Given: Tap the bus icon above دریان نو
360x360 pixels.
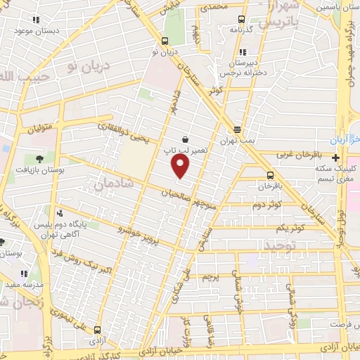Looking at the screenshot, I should pyautogui.click(x=165, y=41).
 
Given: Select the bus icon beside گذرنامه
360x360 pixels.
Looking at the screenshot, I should pyautogui.click(x=242, y=20).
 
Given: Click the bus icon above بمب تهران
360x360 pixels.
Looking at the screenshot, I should pyautogui.click(x=237, y=129).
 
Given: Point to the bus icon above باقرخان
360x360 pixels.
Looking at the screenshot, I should pyautogui.click(x=270, y=175).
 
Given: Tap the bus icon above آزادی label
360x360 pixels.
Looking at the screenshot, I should pyautogui.click(x=96, y=328).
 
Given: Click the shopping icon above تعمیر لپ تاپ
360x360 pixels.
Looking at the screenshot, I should pyautogui.click(x=184, y=139).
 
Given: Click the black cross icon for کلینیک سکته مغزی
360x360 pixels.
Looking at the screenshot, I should pyautogui.click(x=336, y=157).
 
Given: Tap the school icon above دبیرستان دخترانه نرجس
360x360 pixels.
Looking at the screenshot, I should pyautogui.click(x=243, y=52).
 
